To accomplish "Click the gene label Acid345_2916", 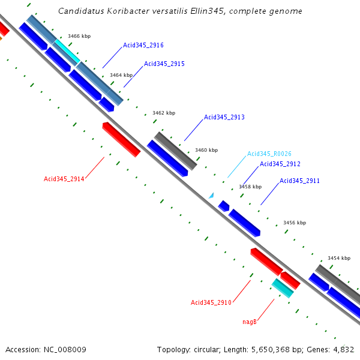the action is [x=143, y=45].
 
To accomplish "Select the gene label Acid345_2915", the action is [x=164, y=64].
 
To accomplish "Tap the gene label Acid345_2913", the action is [x=224, y=117].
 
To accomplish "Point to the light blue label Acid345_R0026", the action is [x=269, y=154].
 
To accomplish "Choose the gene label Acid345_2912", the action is [x=280, y=164].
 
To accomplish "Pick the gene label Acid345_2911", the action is [x=300, y=181].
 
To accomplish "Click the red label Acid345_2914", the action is [x=64, y=179].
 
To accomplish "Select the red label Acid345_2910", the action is [x=211, y=302].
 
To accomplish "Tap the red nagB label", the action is [x=250, y=322].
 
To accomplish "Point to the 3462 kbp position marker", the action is [x=164, y=113].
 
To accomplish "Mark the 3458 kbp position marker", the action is [x=250, y=187].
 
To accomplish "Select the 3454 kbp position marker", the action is [x=338, y=258].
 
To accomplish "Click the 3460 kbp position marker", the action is [x=206, y=150].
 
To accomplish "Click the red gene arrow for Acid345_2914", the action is [x=121, y=139].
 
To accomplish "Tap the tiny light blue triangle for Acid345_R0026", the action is [x=211, y=195].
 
